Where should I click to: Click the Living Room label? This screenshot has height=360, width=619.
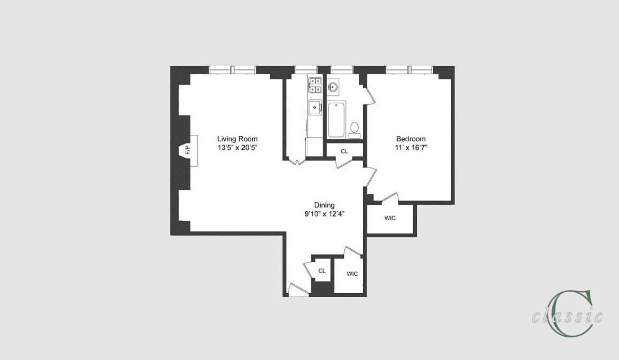tap(237, 139)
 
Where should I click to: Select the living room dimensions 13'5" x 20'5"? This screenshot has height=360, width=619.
tap(237, 148)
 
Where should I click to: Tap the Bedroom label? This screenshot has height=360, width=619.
tap(411, 139)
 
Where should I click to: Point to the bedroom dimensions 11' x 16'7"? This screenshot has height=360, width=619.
tap(411, 148)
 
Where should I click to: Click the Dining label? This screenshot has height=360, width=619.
tap(324, 205)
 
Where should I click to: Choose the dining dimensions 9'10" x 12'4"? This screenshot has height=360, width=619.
tap(324, 214)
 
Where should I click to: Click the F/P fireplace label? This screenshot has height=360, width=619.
tap(188, 150)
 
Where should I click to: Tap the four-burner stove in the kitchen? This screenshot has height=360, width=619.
tap(315, 85)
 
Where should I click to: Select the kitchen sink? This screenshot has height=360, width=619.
tap(315, 107)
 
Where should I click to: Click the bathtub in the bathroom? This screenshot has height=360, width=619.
tap(336, 120)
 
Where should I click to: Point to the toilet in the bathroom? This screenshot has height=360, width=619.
tap(354, 130)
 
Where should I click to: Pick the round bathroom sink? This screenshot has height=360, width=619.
tap(333, 86)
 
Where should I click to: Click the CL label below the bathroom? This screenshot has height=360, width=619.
tap(344, 151)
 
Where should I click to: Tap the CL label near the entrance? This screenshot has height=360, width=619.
tap(322, 271)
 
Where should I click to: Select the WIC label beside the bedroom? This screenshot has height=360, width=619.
tap(390, 218)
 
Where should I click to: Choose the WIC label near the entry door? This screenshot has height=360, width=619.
tap(352, 274)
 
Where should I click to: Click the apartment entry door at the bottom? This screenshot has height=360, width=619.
tap(298, 291)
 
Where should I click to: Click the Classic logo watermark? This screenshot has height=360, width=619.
tap(568, 314)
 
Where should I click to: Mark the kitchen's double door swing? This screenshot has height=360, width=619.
tap(296, 161)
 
